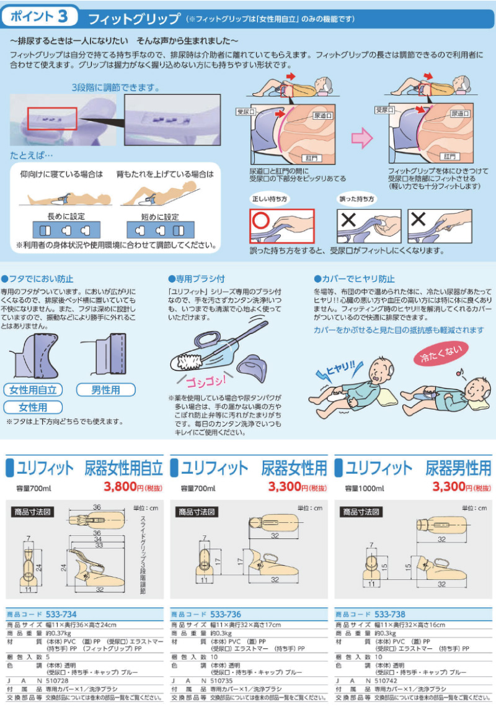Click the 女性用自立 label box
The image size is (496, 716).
pos(33,390)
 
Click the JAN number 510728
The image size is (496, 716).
pos(58,681)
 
